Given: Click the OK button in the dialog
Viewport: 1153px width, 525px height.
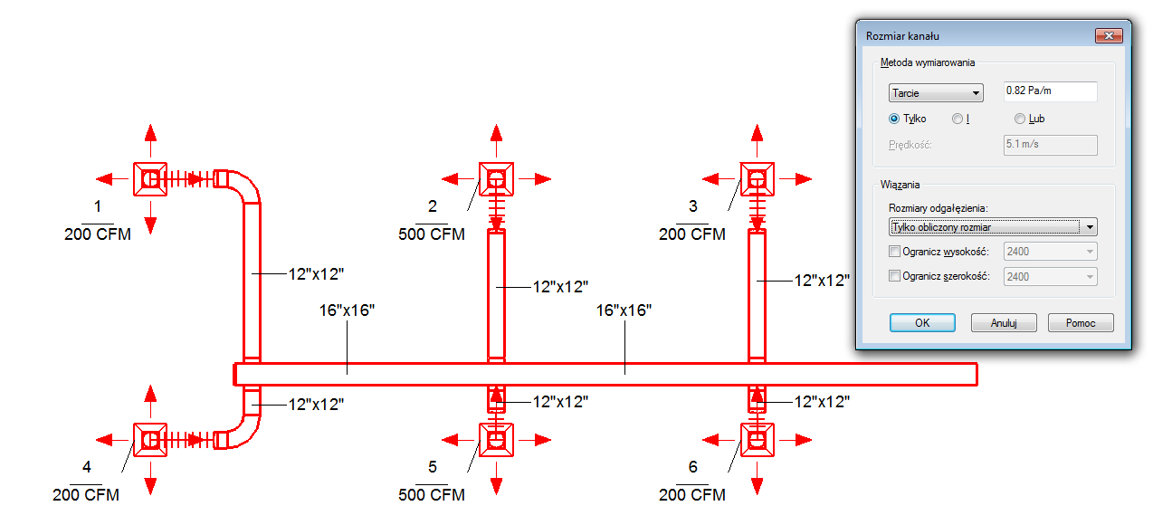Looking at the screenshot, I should tap(922, 323).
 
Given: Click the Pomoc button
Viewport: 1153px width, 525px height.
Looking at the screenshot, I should tap(1081, 323).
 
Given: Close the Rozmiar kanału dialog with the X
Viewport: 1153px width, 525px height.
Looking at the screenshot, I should tap(1109, 35).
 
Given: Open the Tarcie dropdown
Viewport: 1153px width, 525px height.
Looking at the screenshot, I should tap(936, 92).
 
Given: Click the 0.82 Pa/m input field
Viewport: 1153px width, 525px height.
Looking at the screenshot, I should tap(1050, 91).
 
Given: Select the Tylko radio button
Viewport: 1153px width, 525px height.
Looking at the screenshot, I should tap(894, 119).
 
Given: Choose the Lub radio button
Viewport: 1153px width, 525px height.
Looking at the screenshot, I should tap(1020, 119).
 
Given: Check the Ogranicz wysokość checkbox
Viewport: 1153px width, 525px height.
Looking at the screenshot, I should tap(895, 252).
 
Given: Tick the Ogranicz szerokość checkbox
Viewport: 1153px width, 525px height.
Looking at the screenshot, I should tap(895, 276).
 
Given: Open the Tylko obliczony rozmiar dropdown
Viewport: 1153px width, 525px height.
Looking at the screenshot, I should tap(993, 226).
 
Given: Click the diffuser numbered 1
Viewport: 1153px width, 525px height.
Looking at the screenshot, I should tap(150, 179).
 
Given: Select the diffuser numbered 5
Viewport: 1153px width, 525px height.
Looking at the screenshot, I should tap(496, 440).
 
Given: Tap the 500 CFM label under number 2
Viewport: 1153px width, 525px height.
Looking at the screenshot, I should tap(432, 234).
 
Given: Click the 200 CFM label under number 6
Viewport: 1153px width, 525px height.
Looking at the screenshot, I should tap(692, 495).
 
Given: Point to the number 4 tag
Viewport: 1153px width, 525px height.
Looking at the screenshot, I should tap(87, 467).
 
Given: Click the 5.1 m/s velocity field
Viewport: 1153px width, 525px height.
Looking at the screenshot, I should tap(1050, 145).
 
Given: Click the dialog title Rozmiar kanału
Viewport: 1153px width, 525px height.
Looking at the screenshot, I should tap(902, 36).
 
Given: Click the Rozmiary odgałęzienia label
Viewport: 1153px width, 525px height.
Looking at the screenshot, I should tap(939, 209).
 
